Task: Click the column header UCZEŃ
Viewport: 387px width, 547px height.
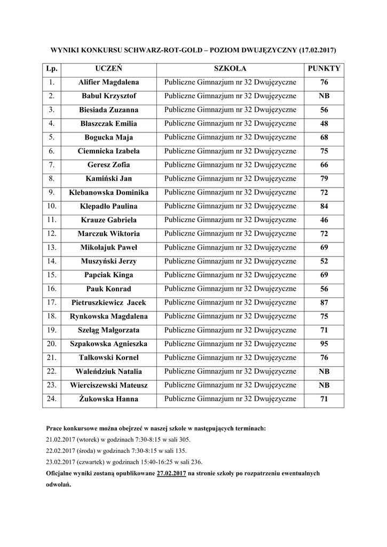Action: click(109, 69)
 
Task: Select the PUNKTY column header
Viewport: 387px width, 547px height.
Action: click(324, 69)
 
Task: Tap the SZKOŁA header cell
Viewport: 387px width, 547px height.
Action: click(230, 69)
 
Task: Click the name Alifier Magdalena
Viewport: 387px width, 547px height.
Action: click(109, 82)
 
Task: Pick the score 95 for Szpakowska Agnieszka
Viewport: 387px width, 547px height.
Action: click(324, 344)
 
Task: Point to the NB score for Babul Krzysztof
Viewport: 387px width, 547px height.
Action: click(324, 96)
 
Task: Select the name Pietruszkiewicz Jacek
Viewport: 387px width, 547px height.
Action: click(109, 302)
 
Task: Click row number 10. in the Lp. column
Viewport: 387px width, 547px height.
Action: click(51, 206)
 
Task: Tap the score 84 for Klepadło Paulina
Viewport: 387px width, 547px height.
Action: click(324, 206)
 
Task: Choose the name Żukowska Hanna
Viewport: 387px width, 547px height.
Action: click(109, 399)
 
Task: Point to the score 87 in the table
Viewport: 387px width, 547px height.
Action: click(324, 302)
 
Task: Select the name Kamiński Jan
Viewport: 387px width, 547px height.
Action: click(109, 178)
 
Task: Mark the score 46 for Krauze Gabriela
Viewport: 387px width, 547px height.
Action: click(324, 220)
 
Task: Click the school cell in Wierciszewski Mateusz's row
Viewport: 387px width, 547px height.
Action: click(230, 385)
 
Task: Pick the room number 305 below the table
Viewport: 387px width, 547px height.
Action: click(184, 440)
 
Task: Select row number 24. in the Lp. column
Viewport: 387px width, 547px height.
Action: click(51, 399)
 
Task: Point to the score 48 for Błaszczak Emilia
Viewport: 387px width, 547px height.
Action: click(324, 123)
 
